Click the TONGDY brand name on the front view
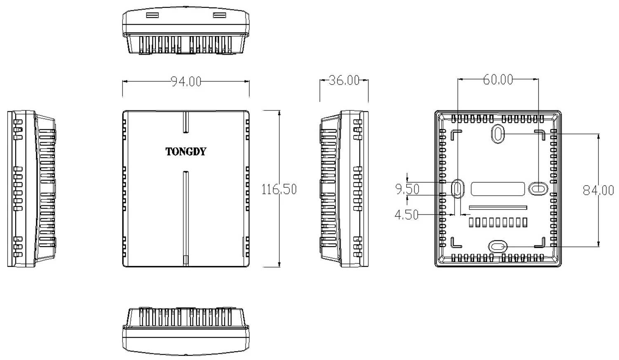coord(186,151)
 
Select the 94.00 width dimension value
coord(186,81)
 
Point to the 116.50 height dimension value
coord(279,189)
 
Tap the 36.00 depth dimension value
coord(344,80)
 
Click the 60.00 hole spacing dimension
coord(498,80)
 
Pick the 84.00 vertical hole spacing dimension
coord(598,190)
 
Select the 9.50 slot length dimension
coord(407,189)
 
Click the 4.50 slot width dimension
coord(406,215)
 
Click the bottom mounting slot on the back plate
coord(498,247)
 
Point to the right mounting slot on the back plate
coord(538,189)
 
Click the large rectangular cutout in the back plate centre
coord(498,189)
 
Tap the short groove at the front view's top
coord(186,122)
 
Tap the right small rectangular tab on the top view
coord(220,15)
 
